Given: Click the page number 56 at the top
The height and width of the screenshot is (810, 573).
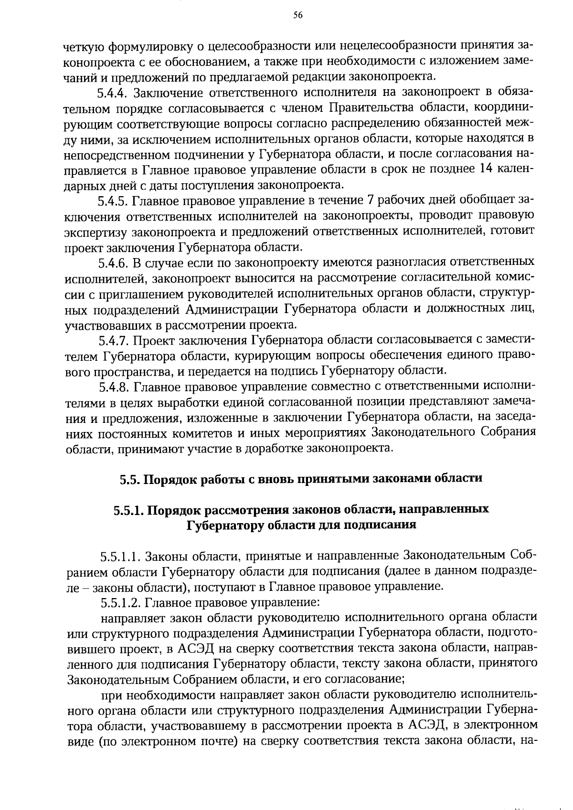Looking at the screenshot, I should [297, 15].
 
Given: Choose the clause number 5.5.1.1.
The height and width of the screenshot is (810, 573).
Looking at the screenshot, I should [119, 557].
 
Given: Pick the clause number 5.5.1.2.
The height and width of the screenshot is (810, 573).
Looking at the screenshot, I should [119, 603].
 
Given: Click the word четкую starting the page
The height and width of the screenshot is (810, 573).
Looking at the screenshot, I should [85, 46].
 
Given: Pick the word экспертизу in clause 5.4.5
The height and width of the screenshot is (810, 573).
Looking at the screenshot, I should [95, 231].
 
